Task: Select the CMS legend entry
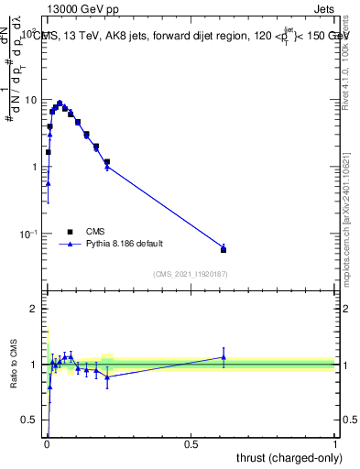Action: click(x=94, y=233)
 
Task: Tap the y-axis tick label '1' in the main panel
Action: click(x=35, y=167)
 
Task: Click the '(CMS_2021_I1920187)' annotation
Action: click(x=190, y=273)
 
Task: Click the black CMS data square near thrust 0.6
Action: click(x=224, y=249)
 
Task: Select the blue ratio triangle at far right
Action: click(x=224, y=357)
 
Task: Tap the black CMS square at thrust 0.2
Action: click(x=107, y=162)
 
